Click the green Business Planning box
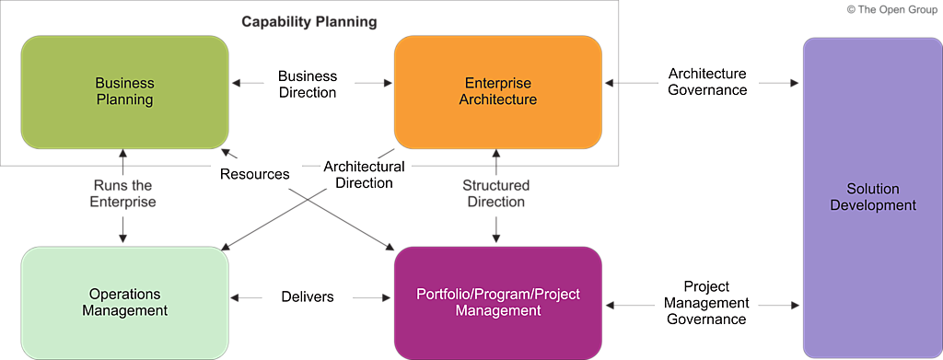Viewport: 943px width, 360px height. coord(125,92)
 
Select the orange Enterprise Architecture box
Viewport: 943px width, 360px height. coord(498,92)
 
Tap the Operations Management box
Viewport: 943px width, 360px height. coord(125,303)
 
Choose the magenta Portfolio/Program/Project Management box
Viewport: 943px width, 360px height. coord(498,303)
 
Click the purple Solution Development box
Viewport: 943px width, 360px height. coord(873,198)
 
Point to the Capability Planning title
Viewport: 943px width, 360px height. coord(309,23)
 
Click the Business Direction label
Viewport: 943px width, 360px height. coord(308,85)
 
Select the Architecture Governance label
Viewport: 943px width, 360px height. coord(708,82)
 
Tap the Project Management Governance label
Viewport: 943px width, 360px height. coord(707,302)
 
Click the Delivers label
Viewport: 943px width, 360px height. coord(308,296)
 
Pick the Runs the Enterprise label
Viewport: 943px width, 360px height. coord(122,193)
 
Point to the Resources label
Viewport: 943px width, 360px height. coord(255,174)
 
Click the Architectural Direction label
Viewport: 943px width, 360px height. coord(364,174)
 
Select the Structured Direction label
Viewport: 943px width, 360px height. coord(496,193)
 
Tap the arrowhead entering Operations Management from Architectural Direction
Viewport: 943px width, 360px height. coord(225,246)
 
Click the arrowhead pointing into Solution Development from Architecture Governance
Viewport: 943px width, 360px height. coord(795,82)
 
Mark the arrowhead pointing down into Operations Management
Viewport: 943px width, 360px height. coord(122,238)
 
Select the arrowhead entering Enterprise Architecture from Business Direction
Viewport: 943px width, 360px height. coord(389,83)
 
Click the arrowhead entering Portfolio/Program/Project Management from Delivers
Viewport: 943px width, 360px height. coord(389,296)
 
